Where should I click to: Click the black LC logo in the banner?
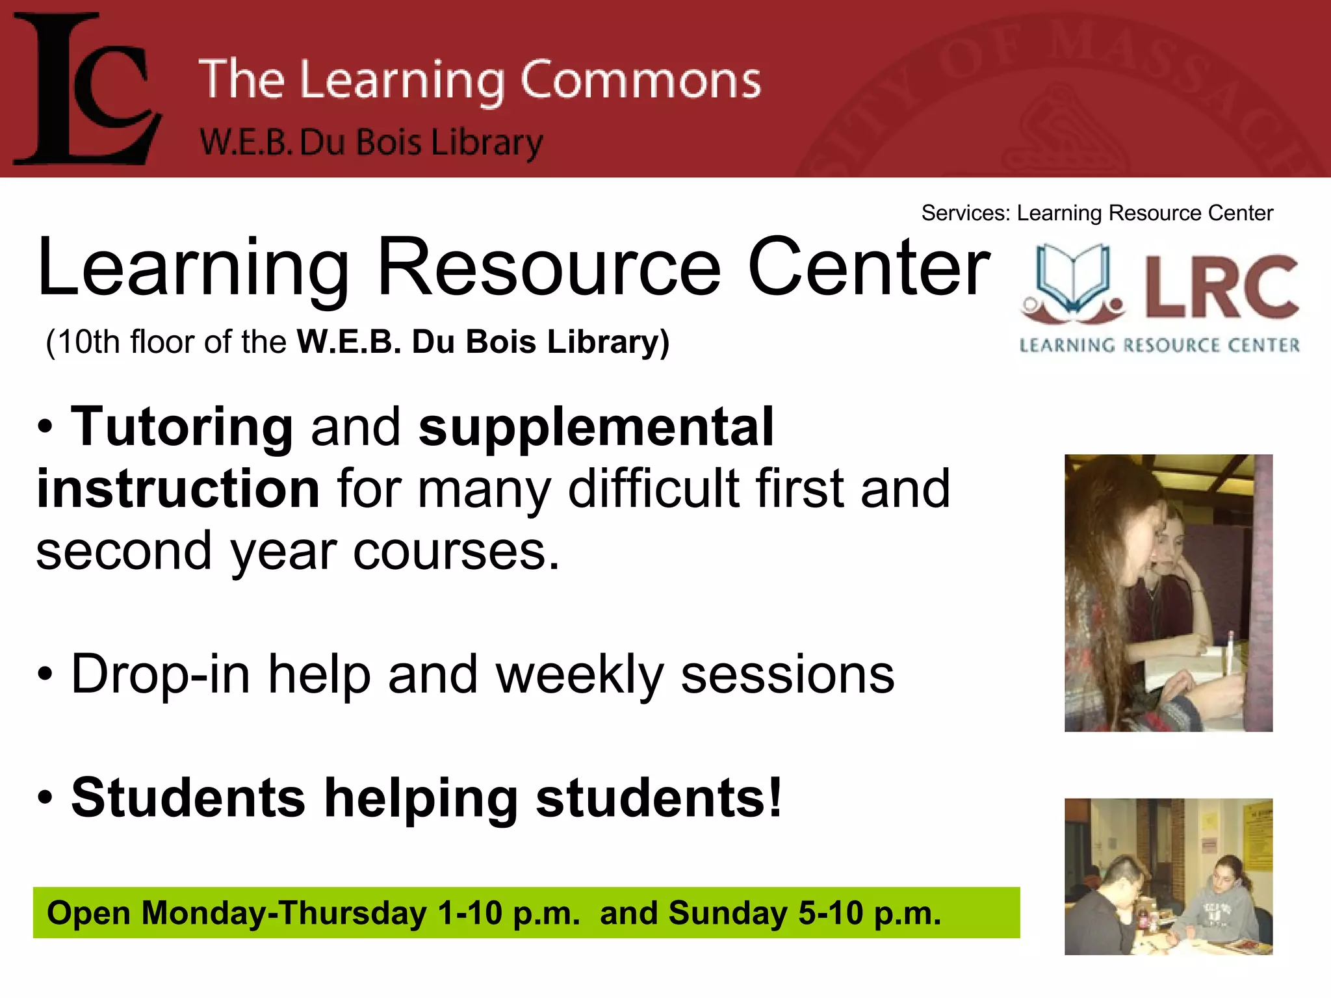pyautogui.click(x=88, y=90)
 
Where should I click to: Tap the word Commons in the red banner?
pyautogui.click(x=640, y=81)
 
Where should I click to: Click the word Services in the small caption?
pyautogui.click(x=965, y=213)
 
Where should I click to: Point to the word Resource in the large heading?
pyautogui.click(x=549, y=268)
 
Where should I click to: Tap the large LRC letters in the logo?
pyautogui.click(x=1222, y=286)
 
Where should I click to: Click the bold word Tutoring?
pyautogui.click(x=182, y=428)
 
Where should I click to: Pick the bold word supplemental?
pyautogui.click(x=596, y=428)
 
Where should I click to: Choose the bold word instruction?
pyautogui.click(x=178, y=489)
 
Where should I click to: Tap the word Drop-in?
pyautogui.click(x=161, y=674)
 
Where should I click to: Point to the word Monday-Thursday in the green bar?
pyautogui.click(x=284, y=913)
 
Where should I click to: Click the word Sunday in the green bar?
pyautogui.click(x=728, y=913)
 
